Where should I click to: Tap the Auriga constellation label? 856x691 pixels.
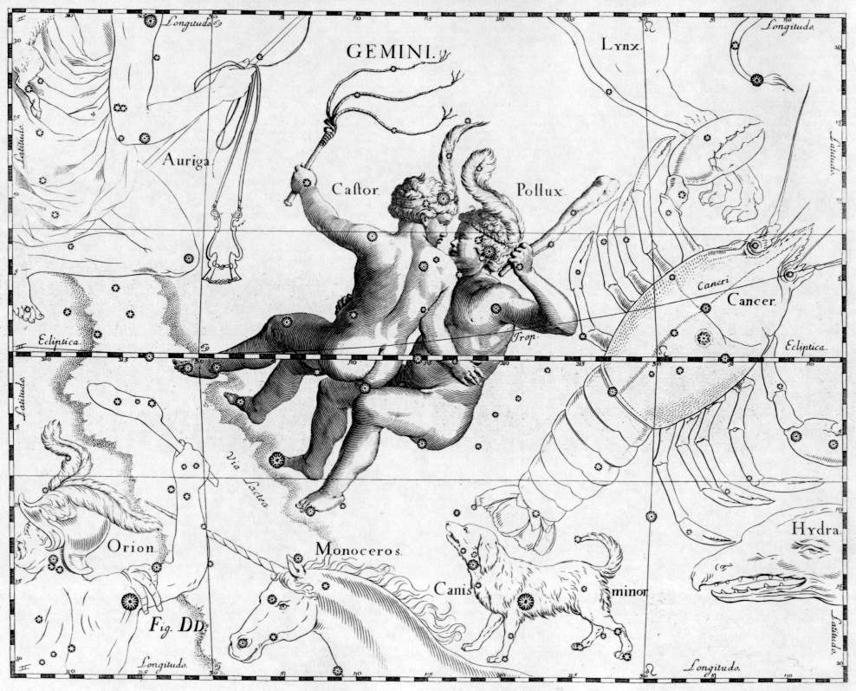pyautogui.click(x=185, y=160)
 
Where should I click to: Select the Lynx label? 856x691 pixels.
pyautogui.click(x=621, y=43)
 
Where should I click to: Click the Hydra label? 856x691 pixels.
pyautogui.click(x=817, y=530)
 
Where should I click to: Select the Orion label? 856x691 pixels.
pyautogui.click(x=131, y=546)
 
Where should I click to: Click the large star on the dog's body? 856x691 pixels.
pyautogui.click(x=523, y=600)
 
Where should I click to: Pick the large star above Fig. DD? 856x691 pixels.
pyautogui.click(x=133, y=600)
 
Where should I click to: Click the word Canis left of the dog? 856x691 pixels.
pyautogui.click(x=451, y=589)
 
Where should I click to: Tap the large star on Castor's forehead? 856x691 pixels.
pyautogui.click(x=443, y=199)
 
